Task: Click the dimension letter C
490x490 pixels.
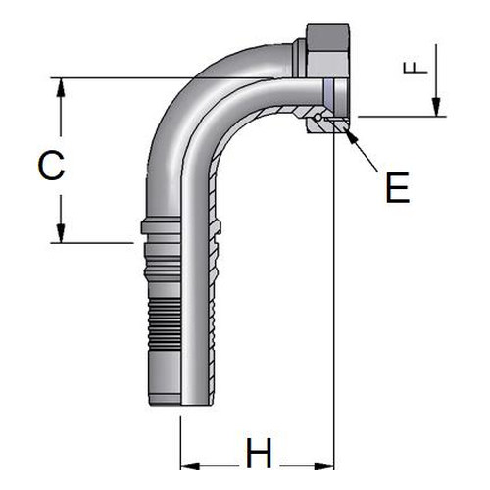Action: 51,166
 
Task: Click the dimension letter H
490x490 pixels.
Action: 259,453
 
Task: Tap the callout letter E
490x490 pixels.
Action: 398,187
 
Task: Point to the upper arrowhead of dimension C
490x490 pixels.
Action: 61,87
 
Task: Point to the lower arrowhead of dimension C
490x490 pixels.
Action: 61,233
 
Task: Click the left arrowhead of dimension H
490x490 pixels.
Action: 190,466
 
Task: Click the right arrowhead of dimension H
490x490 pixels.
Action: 324,466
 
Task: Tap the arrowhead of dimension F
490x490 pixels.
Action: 436,107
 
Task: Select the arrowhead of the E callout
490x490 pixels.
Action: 351,136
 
